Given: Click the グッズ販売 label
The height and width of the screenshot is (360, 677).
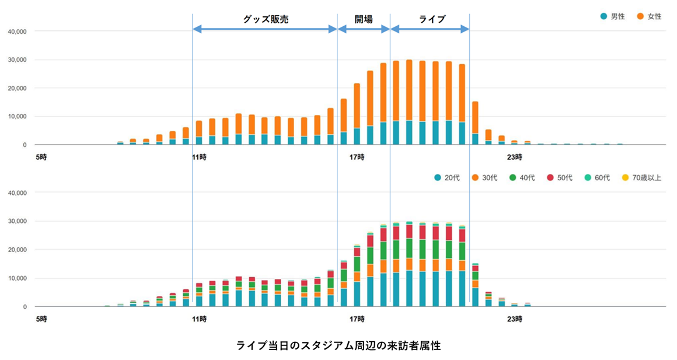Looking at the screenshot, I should tap(266, 19).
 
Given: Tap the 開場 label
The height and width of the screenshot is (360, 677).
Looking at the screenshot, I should tap(364, 19).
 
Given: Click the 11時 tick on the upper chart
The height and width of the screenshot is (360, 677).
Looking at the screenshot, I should tap(199, 157).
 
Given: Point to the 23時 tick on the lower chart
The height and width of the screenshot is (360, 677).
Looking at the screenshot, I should tap(515, 319).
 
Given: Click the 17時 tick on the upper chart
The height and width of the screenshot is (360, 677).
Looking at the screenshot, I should tap(357, 157).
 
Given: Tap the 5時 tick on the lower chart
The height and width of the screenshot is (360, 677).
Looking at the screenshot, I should tap(41, 319).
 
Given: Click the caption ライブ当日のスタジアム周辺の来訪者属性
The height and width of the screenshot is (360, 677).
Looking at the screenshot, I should tap(338, 345).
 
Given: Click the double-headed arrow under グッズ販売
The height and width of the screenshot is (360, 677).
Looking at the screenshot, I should tap(265, 29).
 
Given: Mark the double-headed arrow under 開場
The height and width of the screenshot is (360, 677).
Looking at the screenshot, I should tap(364, 29).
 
